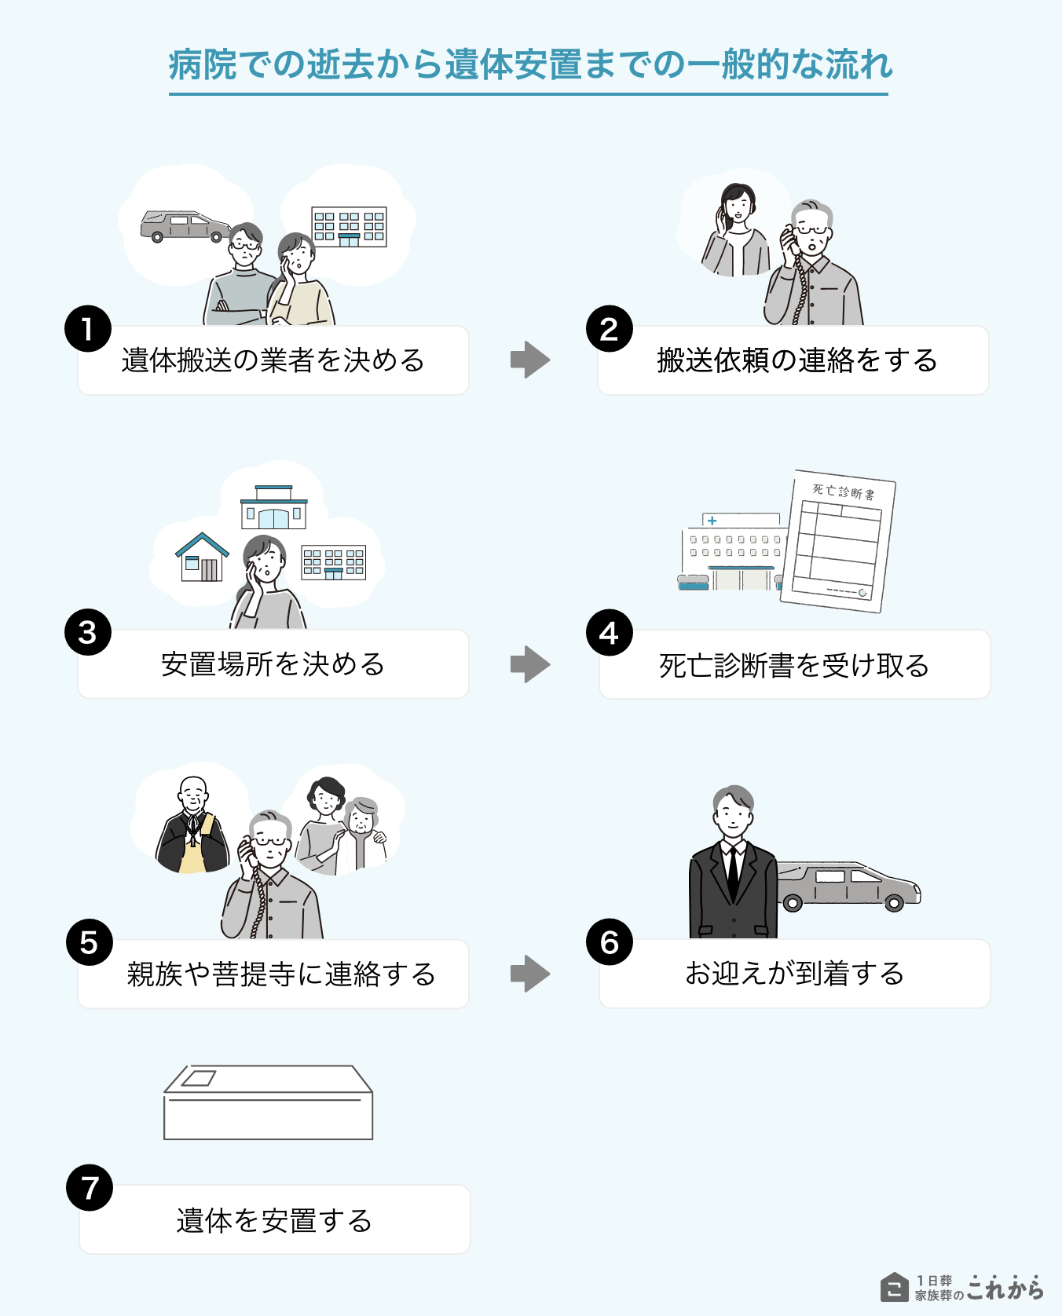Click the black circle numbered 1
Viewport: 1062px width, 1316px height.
[x=87, y=328]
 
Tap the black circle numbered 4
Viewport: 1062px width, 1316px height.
[x=609, y=632]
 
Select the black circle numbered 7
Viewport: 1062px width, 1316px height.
[x=90, y=1187]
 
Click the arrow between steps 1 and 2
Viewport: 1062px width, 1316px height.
[x=530, y=360]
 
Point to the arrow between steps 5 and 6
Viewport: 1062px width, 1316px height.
[x=530, y=974]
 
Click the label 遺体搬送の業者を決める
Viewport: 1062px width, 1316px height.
[x=273, y=360]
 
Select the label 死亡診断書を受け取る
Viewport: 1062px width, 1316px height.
[x=793, y=665]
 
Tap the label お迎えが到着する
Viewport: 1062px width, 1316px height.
[x=793, y=974]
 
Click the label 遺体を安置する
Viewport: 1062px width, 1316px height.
[x=273, y=1220]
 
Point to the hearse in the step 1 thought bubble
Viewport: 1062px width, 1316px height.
[x=185, y=225]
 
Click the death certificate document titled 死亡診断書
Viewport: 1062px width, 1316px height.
[x=838, y=541]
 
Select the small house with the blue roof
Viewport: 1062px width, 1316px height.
[x=202, y=557]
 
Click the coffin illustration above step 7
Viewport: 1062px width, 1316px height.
[x=268, y=1102]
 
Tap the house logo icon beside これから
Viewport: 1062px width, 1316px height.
[x=894, y=1287]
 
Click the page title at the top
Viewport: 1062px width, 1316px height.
[x=530, y=64]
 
